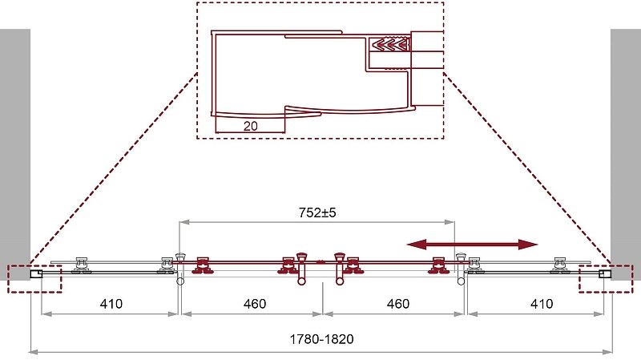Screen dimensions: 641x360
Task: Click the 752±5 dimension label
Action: [x=317, y=212]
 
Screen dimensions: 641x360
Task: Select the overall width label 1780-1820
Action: [x=322, y=339]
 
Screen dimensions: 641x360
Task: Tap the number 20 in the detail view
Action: [x=251, y=126]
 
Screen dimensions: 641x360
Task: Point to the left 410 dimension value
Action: [x=111, y=304]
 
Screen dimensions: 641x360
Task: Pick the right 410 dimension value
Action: [x=542, y=304]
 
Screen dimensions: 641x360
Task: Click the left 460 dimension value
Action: [x=255, y=304]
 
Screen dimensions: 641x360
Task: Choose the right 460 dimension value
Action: [x=398, y=304]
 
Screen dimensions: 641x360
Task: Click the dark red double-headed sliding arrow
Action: [x=472, y=245]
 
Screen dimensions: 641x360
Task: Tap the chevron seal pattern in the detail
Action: [x=390, y=44]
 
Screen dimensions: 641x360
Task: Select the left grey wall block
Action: [x=15, y=154]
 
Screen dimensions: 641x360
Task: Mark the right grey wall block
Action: [x=626, y=154]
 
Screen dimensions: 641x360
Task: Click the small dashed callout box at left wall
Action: [x=34, y=279]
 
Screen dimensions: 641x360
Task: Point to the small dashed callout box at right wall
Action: [x=606, y=279]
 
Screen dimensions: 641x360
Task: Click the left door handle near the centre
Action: [x=302, y=269]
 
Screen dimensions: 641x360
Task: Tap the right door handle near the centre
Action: [x=340, y=269]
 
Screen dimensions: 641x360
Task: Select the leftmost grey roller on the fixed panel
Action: [x=81, y=265]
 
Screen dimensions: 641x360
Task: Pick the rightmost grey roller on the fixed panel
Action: [x=560, y=265]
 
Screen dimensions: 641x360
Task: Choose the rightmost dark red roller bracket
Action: [x=437, y=265]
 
